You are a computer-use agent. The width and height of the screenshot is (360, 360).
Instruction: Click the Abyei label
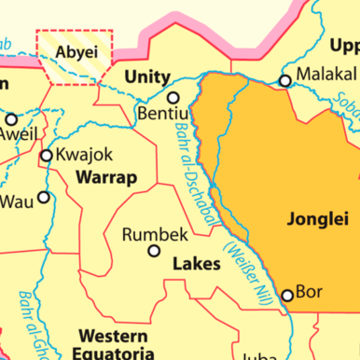pos(76,52)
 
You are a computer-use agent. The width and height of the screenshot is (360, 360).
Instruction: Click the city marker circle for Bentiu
pos(173,97)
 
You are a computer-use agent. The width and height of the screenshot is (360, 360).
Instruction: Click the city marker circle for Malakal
pos(285,81)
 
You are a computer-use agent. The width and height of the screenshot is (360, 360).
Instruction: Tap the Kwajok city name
pos(82,155)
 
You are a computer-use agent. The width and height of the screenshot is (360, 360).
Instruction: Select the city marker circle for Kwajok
pos(47,156)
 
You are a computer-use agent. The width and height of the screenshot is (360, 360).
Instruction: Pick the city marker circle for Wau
pos(43,198)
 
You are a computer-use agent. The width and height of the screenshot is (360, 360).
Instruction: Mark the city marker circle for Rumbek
pos(154,251)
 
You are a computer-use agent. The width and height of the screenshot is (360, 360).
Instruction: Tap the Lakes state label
pos(196,264)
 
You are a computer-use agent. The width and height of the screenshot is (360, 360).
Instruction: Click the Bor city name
pos(309,292)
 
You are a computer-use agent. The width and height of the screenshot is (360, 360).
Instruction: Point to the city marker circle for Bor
pos(287,296)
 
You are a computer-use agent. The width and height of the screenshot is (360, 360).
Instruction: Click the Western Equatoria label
pos(113,344)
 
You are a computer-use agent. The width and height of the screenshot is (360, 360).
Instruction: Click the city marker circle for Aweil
pos(11,119)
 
